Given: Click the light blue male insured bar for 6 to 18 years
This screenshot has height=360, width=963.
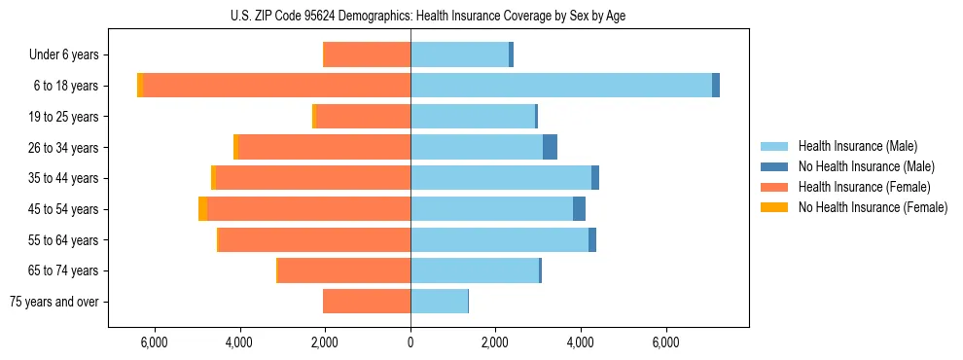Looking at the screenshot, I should [561, 86].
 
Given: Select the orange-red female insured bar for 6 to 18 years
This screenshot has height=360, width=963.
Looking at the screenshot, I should [277, 86].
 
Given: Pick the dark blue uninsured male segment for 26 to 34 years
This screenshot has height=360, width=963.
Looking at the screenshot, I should [550, 147].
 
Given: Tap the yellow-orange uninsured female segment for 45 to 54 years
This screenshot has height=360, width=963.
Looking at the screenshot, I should [202, 209].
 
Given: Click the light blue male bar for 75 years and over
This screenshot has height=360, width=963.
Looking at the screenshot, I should [439, 302].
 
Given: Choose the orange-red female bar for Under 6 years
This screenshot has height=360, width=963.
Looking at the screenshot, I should [367, 55].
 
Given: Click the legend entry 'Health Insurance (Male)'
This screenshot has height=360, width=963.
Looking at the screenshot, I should [856, 146].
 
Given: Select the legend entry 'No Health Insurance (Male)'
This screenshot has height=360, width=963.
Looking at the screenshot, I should [865, 166].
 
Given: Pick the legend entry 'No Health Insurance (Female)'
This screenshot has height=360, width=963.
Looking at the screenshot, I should [872, 207].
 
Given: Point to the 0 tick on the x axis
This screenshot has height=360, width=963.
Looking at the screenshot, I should [410, 342].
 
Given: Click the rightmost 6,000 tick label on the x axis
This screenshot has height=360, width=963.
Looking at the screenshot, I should [665, 342].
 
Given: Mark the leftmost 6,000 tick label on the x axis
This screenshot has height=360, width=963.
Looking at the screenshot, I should [155, 342].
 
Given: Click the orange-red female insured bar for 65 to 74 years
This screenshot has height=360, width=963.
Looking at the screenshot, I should [344, 270].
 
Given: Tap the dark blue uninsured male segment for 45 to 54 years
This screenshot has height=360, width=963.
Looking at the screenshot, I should [579, 209].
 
